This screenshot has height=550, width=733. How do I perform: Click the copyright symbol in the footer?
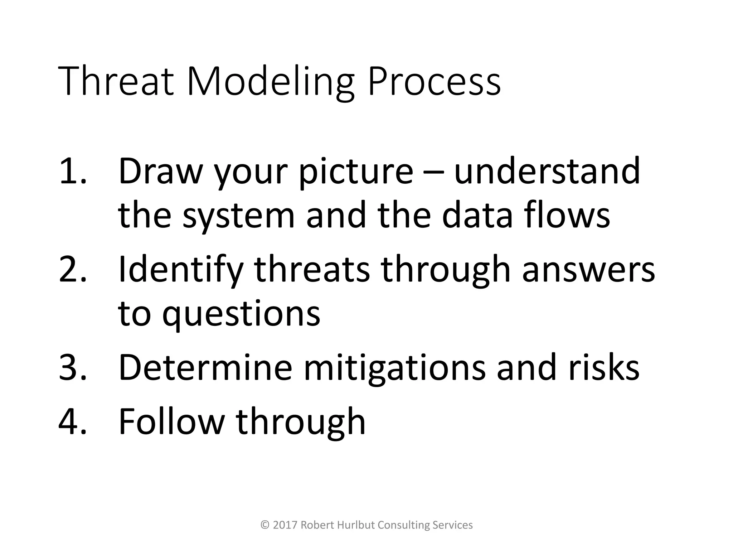click(265, 525)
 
